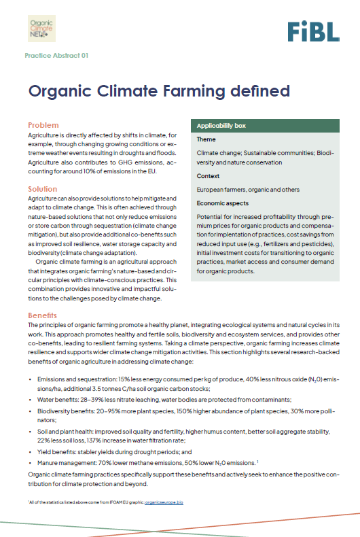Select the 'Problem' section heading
pyautogui.click(x=43, y=125)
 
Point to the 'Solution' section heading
pyautogui.click(x=43, y=188)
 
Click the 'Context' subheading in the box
pyautogui.click(x=208, y=176)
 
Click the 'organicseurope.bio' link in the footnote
pyautogui.click(x=164, y=501)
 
